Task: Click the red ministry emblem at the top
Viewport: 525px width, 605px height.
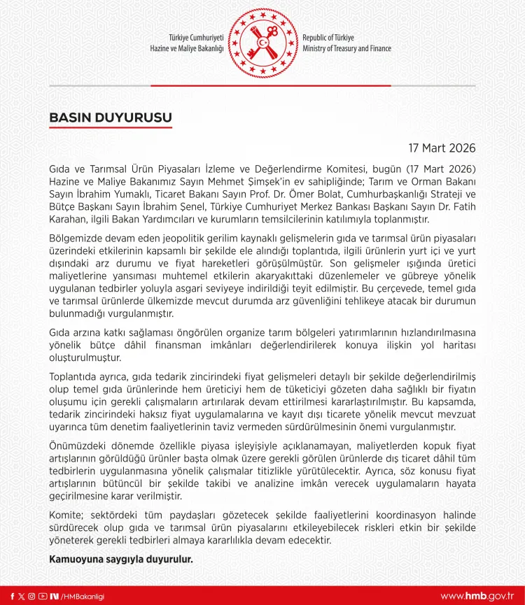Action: [262, 43]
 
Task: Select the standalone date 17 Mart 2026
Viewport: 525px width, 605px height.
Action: [442, 148]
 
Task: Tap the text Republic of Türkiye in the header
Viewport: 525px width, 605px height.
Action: [328, 37]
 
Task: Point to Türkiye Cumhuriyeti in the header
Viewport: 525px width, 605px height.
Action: [196, 37]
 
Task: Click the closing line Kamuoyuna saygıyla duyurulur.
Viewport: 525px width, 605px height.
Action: [120, 560]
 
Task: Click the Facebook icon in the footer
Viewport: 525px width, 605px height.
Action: [12, 596]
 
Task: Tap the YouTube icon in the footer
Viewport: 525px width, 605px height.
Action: [43, 596]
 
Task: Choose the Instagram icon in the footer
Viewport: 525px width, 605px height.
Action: [32, 596]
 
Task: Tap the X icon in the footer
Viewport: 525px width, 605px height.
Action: [22, 596]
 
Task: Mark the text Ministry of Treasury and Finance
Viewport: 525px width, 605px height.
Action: [346, 49]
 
